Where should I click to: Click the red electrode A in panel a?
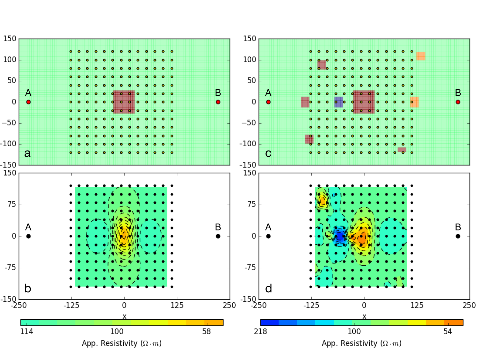click(x=28, y=102)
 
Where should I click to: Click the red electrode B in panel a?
click(x=218, y=102)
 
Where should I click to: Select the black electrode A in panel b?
click(x=28, y=236)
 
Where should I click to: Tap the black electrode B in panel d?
click(x=458, y=236)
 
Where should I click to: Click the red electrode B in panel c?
click(x=458, y=102)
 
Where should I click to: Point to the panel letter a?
click(x=27, y=153)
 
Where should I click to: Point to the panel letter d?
click(x=268, y=288)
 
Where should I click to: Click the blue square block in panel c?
click(x=339, y=102)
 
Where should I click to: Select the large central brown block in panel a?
click(x=124, y=102)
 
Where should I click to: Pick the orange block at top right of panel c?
click(x=421, y=56)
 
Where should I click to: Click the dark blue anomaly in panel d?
click(x=340, y=236)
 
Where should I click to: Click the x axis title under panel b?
click(x=124, y=316)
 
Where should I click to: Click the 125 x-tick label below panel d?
click(x=416, y=305)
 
